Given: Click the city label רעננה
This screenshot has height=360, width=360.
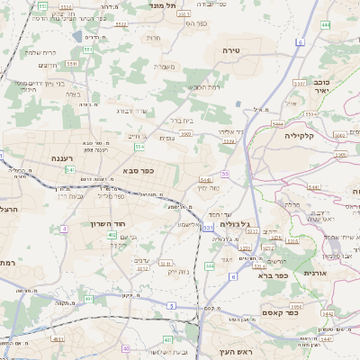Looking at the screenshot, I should pyautogui.click(x=67, y=158).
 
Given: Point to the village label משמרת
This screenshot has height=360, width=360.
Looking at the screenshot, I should pyautogui.click(x=164, y=66).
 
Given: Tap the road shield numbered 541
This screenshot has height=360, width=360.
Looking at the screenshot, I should pyautogui.click(x=69, y=169).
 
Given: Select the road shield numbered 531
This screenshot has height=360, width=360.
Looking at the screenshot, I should pyautogui.click(x=208, y=229).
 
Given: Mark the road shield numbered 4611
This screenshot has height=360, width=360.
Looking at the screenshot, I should pyautogui.click(x=58, y=339).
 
